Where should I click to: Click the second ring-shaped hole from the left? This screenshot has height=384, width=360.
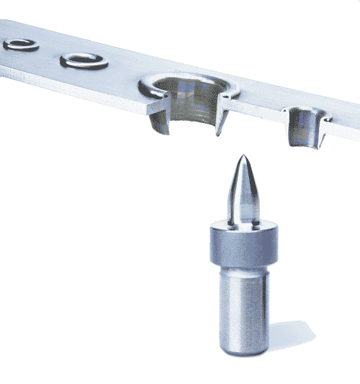(84, 61)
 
